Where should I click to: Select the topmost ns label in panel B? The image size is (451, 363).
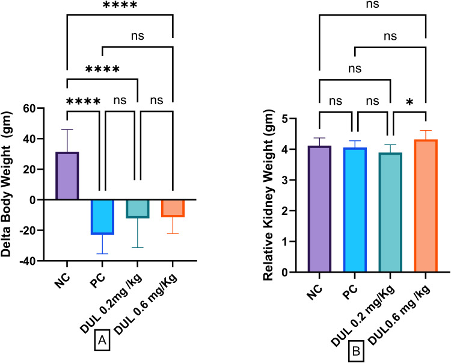pyautogui.click(x=372, y=5)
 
